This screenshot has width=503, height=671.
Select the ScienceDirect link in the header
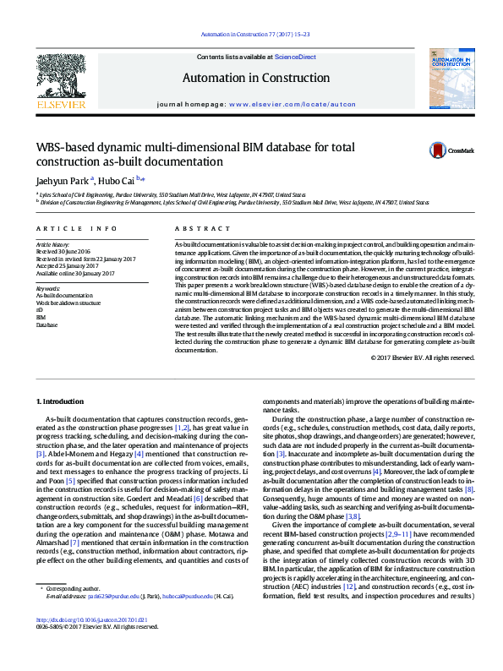295,57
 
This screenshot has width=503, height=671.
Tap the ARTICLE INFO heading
74,229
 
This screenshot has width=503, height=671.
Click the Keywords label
49,287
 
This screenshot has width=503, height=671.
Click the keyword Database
47,325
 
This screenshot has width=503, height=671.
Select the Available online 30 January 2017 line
74,273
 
